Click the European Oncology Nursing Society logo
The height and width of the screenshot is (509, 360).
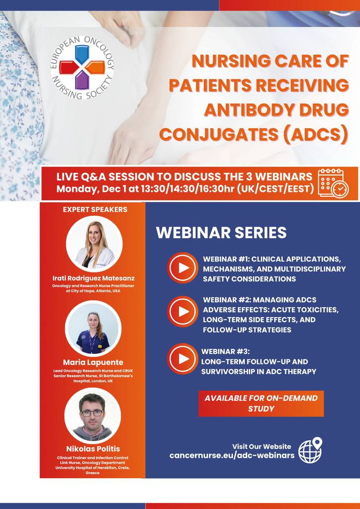82,67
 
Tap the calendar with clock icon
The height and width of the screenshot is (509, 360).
333,183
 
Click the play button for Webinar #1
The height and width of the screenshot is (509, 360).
183,268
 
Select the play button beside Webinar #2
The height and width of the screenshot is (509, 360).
183,312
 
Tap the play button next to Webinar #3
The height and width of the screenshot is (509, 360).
183,358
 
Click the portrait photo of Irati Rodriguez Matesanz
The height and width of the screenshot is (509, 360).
94,244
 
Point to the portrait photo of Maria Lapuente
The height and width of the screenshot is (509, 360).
93,329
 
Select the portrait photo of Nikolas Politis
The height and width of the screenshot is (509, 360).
92,415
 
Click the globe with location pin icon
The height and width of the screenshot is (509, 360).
310,450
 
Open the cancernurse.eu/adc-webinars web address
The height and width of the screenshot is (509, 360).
232,455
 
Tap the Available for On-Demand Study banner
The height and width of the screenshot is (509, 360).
261,403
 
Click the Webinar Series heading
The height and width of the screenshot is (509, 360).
221,233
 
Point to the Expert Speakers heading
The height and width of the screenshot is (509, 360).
95,209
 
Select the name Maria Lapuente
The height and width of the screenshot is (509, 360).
93,362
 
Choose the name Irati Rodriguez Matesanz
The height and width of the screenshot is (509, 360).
93,278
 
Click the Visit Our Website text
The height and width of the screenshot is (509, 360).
262,446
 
